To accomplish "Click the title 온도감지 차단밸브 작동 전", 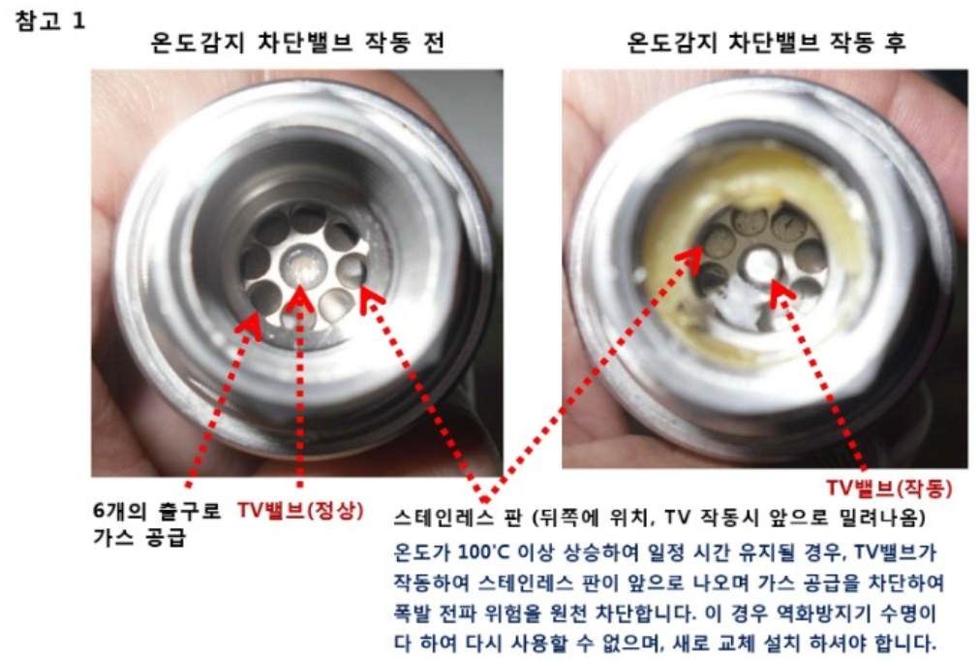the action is (297, 43).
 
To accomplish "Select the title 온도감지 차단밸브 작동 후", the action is (766, 43).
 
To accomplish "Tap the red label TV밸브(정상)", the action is (300, 511).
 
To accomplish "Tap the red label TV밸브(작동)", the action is (889, 488).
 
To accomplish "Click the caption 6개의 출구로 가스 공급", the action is (156, 523).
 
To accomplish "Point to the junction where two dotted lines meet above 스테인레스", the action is (484, 499).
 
